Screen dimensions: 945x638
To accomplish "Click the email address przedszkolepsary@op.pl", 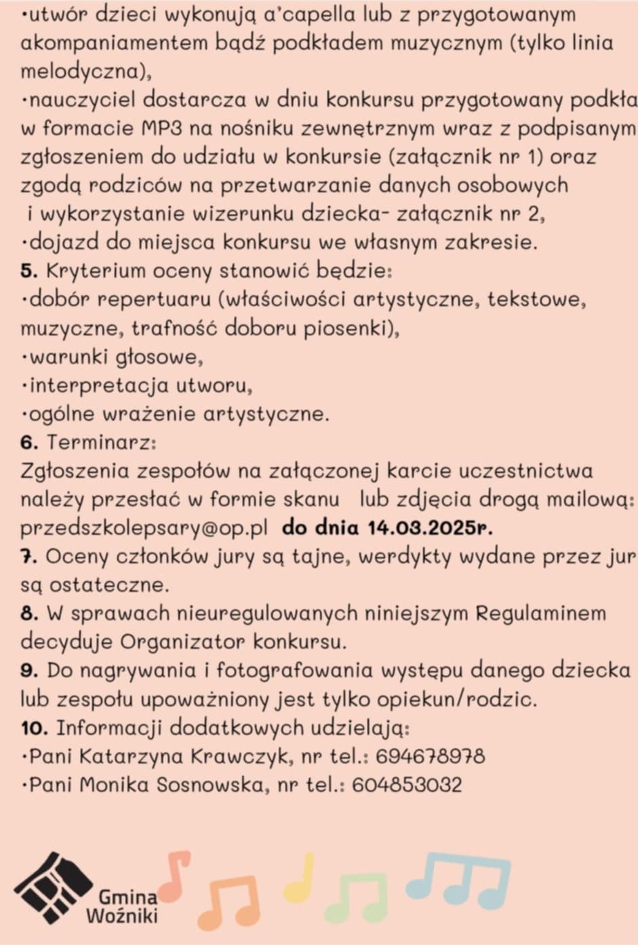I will point(144,528).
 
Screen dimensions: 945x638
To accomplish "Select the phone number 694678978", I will point(430,756).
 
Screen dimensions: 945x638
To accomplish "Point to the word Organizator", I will point(183,641).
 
